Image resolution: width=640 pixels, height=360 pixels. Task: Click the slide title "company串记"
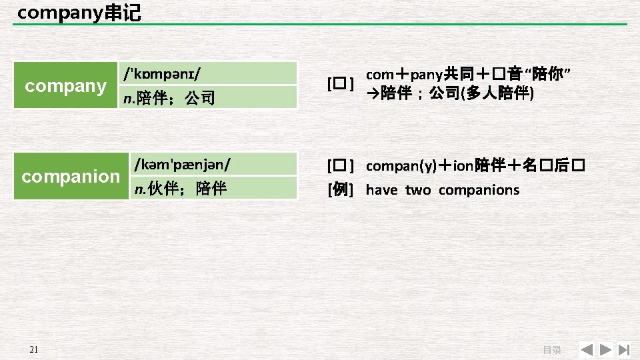79,13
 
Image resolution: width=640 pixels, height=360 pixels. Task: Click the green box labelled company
65,85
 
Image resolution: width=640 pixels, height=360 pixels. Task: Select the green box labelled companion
70,176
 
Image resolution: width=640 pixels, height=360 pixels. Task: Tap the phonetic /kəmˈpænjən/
182,163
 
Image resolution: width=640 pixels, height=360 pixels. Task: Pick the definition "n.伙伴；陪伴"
180,189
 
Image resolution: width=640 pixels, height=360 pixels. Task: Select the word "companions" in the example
479,190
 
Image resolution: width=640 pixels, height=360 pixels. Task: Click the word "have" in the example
382,190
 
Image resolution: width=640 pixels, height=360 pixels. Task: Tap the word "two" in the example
418,190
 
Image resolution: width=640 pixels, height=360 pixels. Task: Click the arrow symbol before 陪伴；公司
373,93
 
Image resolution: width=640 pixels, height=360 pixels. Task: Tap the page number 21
35,350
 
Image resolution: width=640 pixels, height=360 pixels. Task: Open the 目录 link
551,350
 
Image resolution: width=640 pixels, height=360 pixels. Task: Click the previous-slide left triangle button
586,349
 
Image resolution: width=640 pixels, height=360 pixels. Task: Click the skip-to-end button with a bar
625,349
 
